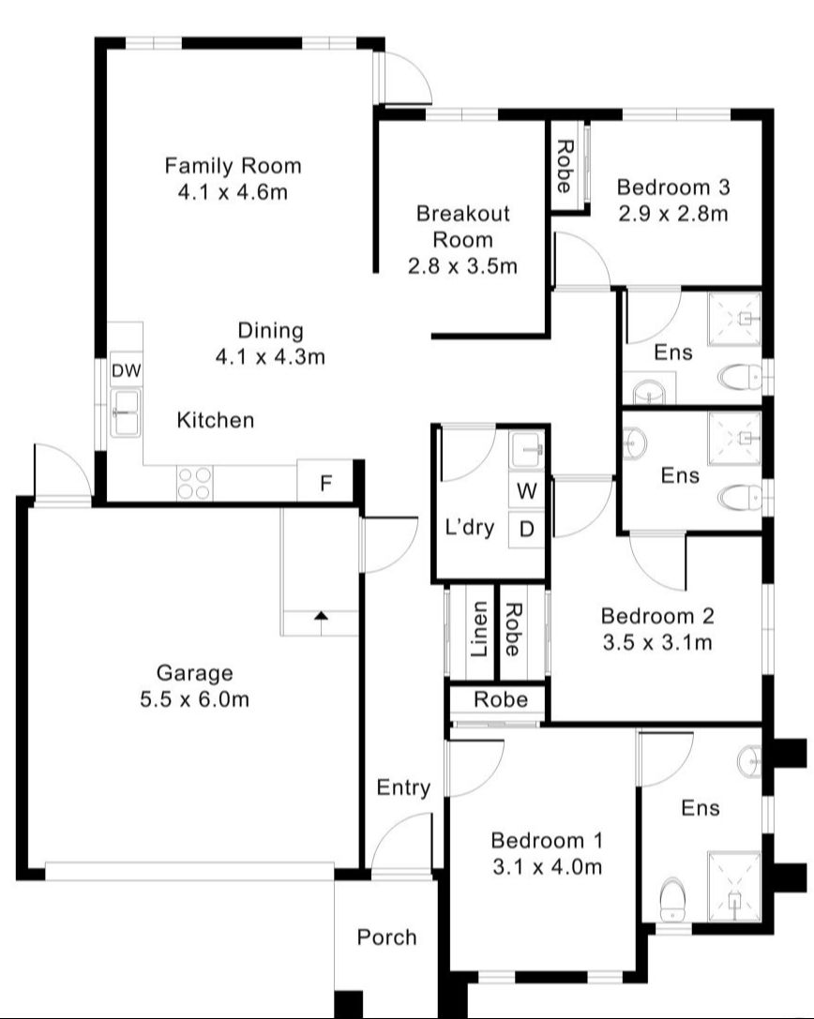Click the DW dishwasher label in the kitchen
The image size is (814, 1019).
click(x=126, y=371)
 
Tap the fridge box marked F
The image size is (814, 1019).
click(x=325, y=484)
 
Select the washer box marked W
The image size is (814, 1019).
click(x=527, y=490)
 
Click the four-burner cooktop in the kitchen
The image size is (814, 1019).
click(x=194, y=483)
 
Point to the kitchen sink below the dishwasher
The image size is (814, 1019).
click(x=125, y=412)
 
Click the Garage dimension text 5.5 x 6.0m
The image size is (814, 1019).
click(x=194, y=699)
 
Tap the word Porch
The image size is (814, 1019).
click(x=386, y=937)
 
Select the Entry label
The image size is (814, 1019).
click(x=403, y=787)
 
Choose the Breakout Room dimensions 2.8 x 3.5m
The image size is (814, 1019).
click(x=462, y=266)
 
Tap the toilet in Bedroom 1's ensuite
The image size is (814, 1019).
click(x=672, y=900)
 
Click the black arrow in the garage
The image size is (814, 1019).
click(x=321, y=616)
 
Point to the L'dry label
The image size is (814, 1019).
click(x=469, y=527)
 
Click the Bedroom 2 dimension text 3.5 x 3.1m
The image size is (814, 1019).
click(x=656, y=643)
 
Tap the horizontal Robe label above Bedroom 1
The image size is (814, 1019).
click(x=500, y=699)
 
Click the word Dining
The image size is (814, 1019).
click(x=270, y=330)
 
